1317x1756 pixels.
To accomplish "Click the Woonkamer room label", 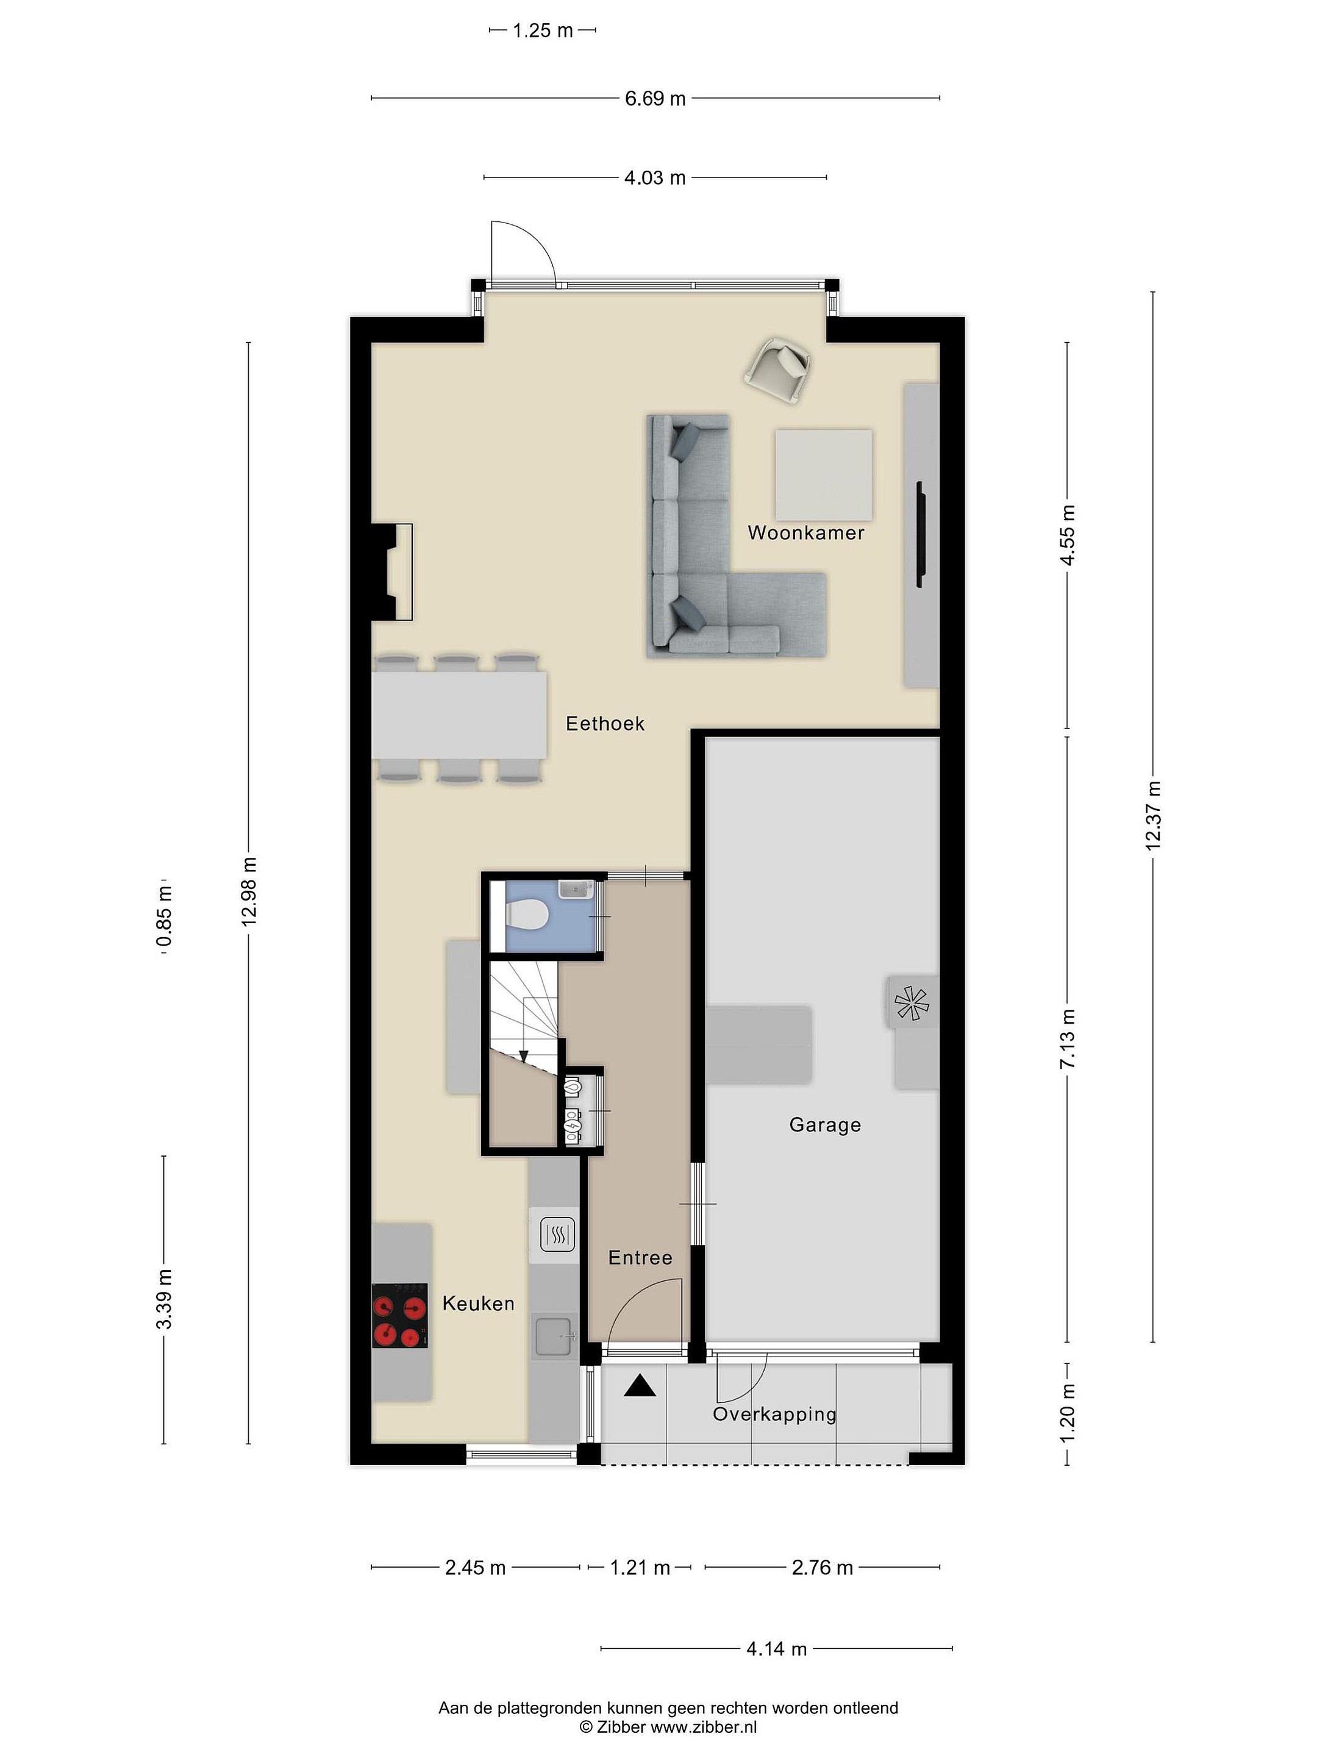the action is pos(806,533).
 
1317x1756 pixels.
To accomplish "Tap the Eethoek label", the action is pos(605,723).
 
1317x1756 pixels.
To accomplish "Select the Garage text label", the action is pos(825,1125).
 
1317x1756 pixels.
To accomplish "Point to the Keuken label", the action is pos(478,1303).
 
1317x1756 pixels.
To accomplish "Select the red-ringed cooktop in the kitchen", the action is pos(400,1315).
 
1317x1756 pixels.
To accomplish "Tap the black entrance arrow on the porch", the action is pos(640,1385).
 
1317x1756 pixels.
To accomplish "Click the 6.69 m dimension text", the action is pos(655,98).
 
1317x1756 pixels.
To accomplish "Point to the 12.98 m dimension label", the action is pos(249,891).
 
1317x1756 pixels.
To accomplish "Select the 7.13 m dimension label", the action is pos(1068,1038).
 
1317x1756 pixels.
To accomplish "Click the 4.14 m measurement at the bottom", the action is pos(776,1649).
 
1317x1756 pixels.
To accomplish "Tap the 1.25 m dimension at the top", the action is pos(542,31).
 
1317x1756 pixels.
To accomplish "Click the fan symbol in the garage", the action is pos(912,1002).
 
